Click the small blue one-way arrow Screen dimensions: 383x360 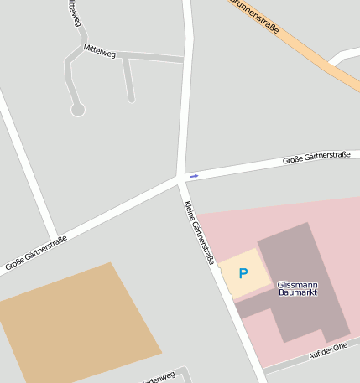[194, 176]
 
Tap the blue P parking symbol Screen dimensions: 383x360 [243, 273]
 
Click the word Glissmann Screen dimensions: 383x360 [297, 285]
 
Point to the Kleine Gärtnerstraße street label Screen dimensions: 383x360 [200, 233]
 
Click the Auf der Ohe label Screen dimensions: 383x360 [327, 351]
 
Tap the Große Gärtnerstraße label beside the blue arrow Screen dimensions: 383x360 [316, 157]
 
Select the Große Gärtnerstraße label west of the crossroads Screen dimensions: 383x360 [36, 254]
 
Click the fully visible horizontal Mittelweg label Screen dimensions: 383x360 [99, 50]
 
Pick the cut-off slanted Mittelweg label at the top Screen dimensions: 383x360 [73, 12]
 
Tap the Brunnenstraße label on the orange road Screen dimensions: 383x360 [257, 16]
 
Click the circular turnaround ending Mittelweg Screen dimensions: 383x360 [78, 110]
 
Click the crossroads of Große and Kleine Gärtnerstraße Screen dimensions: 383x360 [181, 178]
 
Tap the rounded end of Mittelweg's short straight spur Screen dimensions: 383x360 [132, 100]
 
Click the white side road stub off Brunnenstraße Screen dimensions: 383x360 [344, 57]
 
